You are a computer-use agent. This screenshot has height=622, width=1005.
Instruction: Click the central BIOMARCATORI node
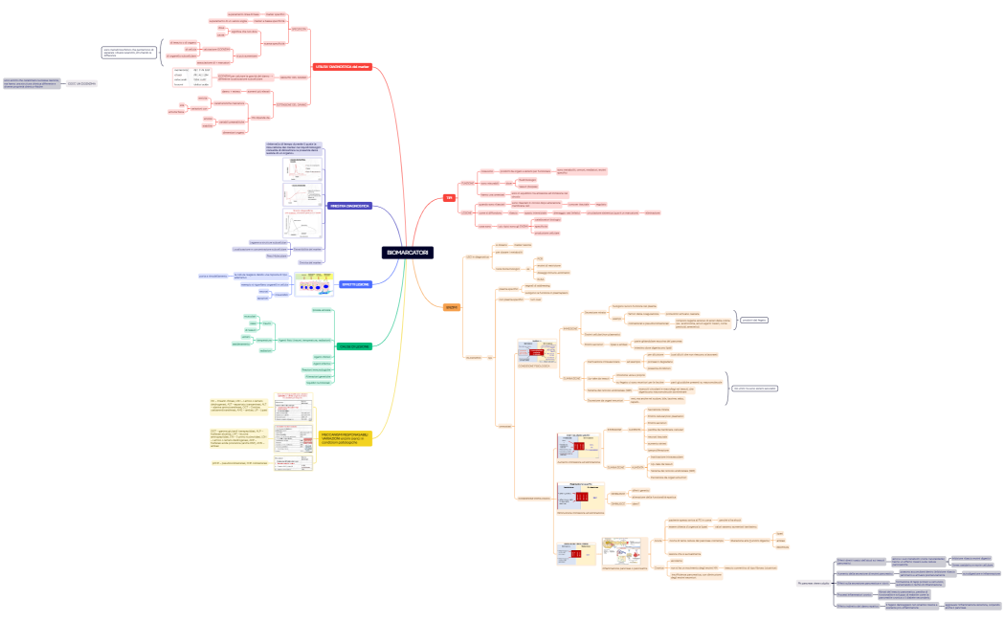(x=408, y=253)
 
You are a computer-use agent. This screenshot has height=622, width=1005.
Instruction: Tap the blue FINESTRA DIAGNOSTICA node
(x=350, y=206)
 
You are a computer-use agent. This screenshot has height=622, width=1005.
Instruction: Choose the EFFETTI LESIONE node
(x=354, y=284)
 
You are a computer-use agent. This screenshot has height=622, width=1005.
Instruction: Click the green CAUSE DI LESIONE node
(x=355, y=345)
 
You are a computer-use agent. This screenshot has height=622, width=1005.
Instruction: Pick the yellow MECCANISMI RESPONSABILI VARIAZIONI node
(x=345, y=438)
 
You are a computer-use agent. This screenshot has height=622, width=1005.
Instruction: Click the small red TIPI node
(x=449, y=198)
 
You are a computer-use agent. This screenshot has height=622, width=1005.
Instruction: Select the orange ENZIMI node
(x=452, y=307)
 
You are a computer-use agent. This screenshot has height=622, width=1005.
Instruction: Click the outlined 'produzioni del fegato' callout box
(x=754, y=320)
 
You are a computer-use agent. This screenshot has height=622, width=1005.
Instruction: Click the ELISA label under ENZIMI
(x=539, y=258)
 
